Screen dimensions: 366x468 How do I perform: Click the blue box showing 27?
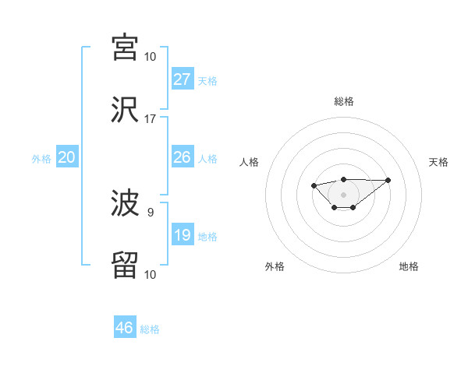pyautogui.click(x=183, y=79)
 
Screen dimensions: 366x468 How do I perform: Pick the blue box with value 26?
pyautogui.click(x=183, y=157)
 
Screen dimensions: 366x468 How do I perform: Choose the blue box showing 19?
pyautogui.click(x=183, y=235)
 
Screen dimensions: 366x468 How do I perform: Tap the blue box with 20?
pyautogui.click(x=67, y=157)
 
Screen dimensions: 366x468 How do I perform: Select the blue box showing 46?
pyautogui.click(x=125, y=328)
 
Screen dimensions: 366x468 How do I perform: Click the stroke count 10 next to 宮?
pyautogui.click(x=150, y=56)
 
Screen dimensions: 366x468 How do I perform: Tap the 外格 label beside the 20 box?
pyautogui.click(x=41, y=159)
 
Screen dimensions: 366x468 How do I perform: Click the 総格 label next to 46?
pyautogui.click(x=150, y=329)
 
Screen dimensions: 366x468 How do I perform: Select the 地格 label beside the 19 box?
pyautogui.click(x=207, y=237)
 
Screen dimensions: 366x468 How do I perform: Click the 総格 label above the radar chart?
pyautogui.click(x=343, y=101)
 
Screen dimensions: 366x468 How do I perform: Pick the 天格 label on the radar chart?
pyautogui.click(x=438, y=162)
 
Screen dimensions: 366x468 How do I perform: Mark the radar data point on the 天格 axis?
pyautogui.click(x=388, y=180)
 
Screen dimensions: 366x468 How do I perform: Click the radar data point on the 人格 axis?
pyautogui.click(x=314, y=185)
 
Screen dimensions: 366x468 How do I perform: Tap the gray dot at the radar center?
pyautogui.click(x=343, y=194)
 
